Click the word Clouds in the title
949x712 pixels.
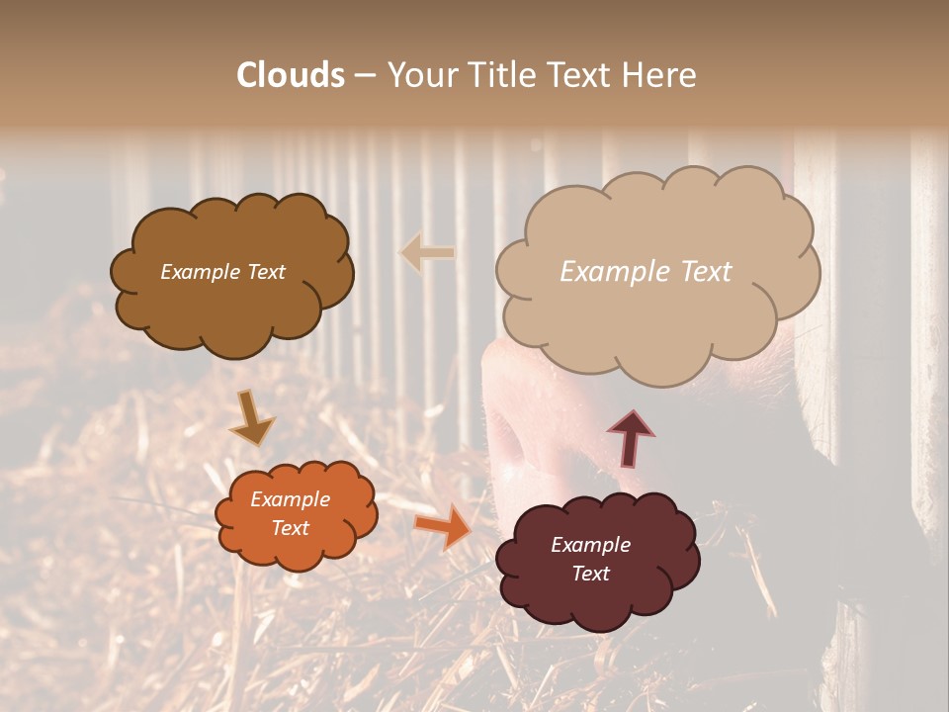292,75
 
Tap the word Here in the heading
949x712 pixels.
658,75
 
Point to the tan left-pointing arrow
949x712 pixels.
427,253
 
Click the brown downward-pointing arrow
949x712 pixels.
252,418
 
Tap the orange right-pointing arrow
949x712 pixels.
443,527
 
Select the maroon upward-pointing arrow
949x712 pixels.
631,438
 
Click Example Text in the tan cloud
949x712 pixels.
646,272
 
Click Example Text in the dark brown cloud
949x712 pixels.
222,272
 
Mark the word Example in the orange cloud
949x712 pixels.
291,499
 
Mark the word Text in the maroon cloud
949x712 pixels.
591,574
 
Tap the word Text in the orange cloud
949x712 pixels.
291,528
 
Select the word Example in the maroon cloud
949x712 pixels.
591,545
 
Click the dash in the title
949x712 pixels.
364,75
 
